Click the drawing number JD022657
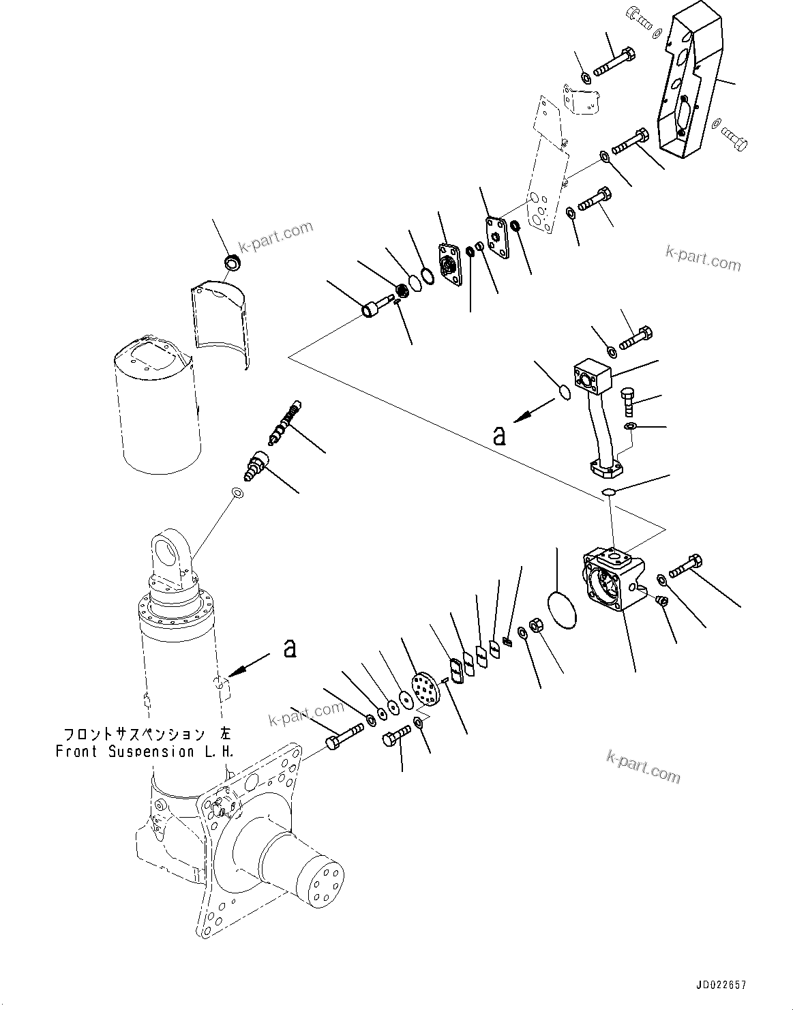click(x=721, y=985)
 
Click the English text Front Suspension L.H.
click(x=144, y=752)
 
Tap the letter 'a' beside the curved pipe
click(x=500, y=435)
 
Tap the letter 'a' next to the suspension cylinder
click(x=290, y=649)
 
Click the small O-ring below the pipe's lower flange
click(x=609, y=492)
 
